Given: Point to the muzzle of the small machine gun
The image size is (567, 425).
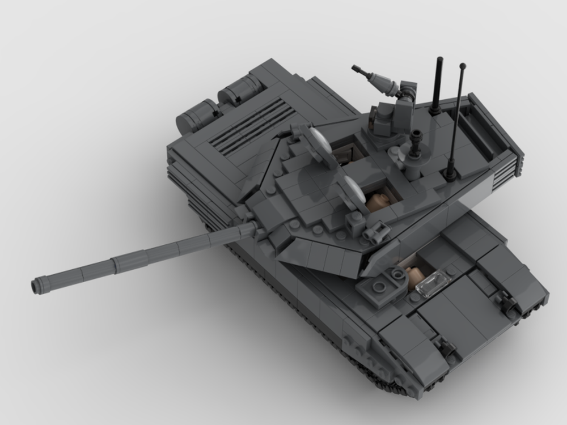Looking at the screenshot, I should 356,69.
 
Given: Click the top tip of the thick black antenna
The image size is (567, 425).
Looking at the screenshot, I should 439,59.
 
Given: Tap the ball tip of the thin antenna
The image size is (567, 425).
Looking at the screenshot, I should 463,66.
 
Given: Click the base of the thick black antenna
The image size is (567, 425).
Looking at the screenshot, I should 435,109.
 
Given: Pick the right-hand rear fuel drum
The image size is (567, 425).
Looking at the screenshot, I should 240,91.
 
